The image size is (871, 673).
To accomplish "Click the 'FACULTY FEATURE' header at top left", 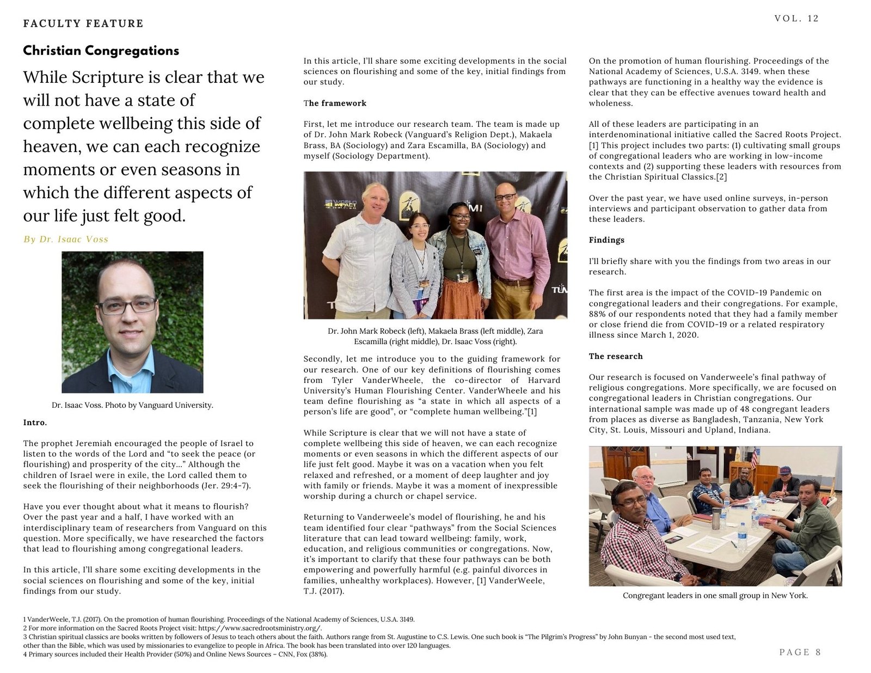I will click(x=83, y=23).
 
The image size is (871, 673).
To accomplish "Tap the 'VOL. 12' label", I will click(x=796, y=19).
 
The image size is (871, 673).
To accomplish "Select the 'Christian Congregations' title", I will click(x=101, y=51).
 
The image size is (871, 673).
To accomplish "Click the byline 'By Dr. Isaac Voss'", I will click(x=66, y=239).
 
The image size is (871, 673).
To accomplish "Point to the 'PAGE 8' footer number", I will click(x=800, y=652).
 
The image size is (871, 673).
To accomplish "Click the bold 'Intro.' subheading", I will click(x=35, y=423).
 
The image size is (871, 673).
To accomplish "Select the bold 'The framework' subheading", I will click(x=335, y=103).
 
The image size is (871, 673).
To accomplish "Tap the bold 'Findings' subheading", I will click(x=606, y=240).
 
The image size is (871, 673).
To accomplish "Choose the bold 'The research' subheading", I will click(x=616, y=356).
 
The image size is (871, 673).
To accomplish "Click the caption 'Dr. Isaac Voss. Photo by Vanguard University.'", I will click(x=132, y=405).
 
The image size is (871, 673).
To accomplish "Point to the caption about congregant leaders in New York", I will click(x=715, y=596).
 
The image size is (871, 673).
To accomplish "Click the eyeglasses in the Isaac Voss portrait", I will click(x=127, y=306).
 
